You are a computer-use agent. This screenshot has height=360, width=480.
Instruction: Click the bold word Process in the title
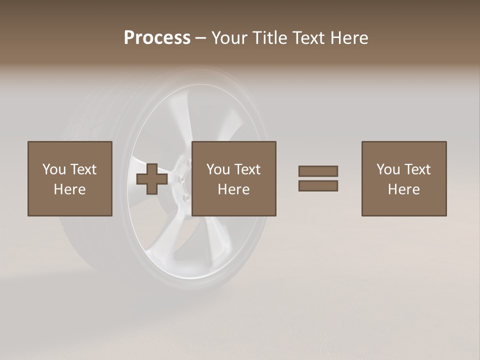(x=157, y=38)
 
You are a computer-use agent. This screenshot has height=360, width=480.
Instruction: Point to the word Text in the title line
(x=310, y=38)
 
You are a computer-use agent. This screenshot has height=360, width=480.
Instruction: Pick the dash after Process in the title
(x=201, y=38)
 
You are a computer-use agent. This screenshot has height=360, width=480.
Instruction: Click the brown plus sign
(x=152, y=179)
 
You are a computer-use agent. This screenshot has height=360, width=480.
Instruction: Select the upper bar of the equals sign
(x=318, y=171)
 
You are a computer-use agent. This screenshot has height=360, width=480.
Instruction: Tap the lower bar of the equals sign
(x=318, y=185)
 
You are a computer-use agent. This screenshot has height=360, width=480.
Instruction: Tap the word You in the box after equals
(x=388, y=169)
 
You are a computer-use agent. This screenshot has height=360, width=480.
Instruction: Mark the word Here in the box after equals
(x=404, y=189)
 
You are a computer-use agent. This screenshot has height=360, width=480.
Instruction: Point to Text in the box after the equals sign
(x=418, y=169)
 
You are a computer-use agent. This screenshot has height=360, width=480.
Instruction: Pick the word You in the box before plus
(x=54, y=169)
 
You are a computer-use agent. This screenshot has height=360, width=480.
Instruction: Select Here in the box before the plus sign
(x=70, y=189)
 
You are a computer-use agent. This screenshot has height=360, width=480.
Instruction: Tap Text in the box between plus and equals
(x=248, y=169)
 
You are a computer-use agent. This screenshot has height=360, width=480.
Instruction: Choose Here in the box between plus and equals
(x=234, y=189)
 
